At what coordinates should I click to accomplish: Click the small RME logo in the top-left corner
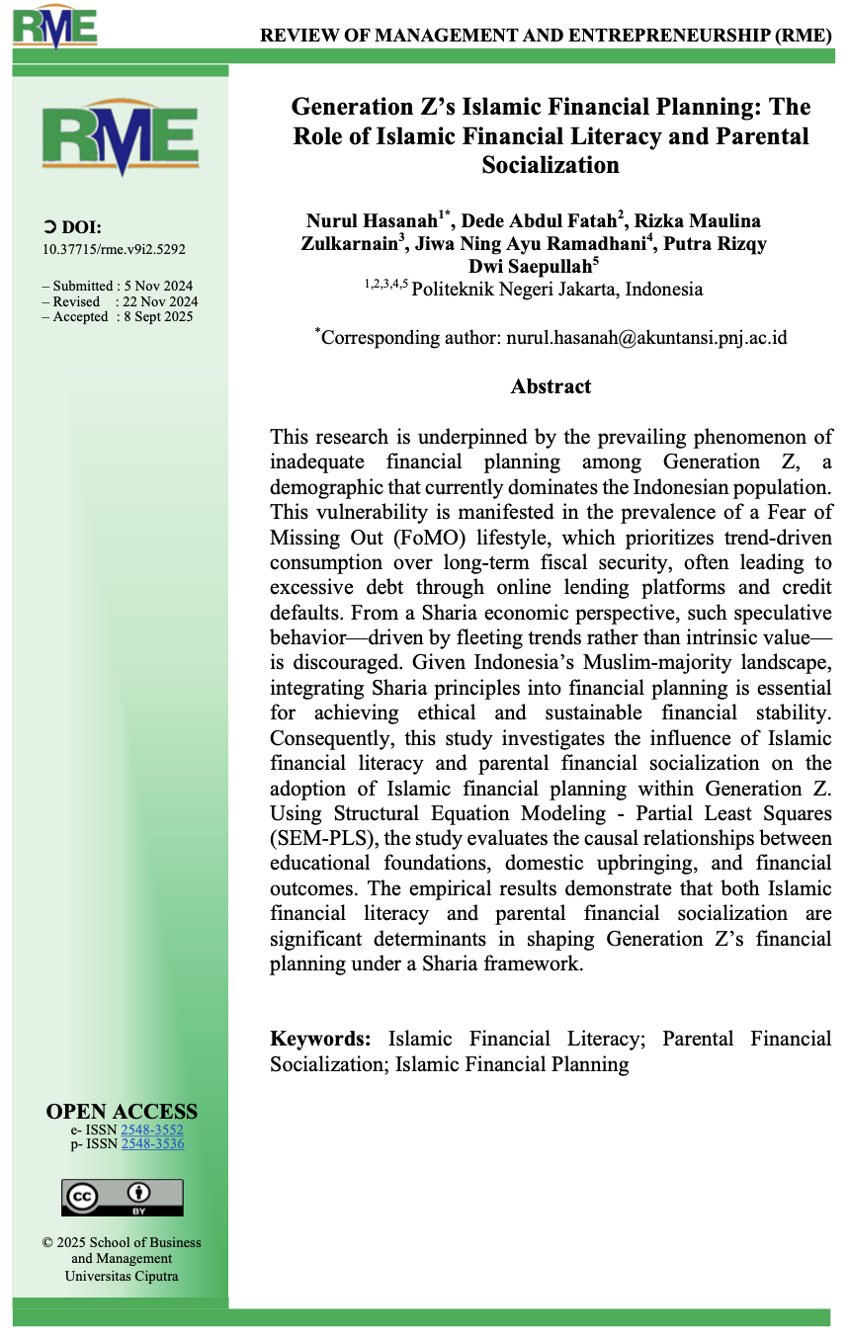[x=54, y=27]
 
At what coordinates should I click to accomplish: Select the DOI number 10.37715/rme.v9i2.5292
[x=113, y=250]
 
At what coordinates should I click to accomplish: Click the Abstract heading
[x=551, y=386]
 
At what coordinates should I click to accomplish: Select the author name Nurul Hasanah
[x=372, y=220]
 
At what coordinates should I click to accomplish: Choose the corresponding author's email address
[x=646, y=337]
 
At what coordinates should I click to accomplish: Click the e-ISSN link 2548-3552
[x=152, y=1130]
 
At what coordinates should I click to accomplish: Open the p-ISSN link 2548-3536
[x=152, y=1143]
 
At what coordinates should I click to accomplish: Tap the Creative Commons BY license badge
[x=123, y=1197]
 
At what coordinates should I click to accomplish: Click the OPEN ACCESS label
[x=122, y=1112]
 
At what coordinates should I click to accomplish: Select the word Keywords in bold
[x=320, y=1039]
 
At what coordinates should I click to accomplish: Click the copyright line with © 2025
[x=121, y=1242]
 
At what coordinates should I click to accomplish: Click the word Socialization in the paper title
[x=551, y=166]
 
